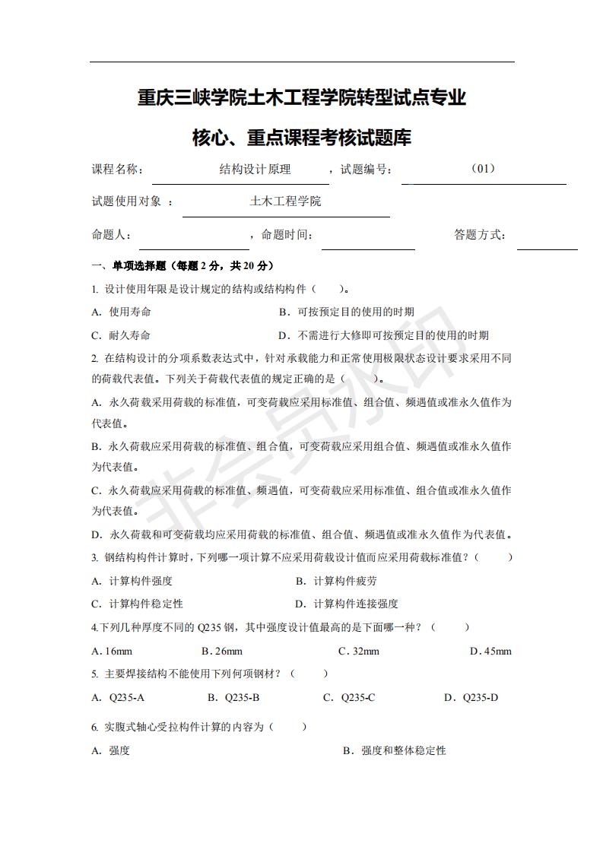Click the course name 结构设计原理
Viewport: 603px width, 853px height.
(x=255, y=170)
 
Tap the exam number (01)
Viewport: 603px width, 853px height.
(x=483, y=169)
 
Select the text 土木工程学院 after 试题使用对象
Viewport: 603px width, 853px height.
(x=285, y=201)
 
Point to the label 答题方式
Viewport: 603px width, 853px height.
(x=480, y=235)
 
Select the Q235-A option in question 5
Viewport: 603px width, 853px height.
(x=126, y=697)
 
